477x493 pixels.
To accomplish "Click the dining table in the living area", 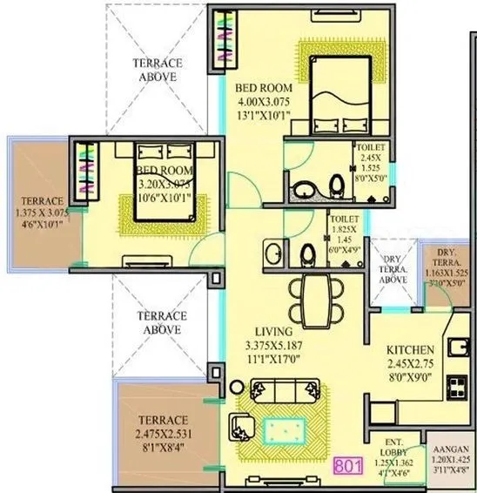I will (312, 295).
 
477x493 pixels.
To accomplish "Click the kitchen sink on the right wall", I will (459, 349).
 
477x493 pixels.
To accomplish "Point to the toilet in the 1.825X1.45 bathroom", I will (306, 254).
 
